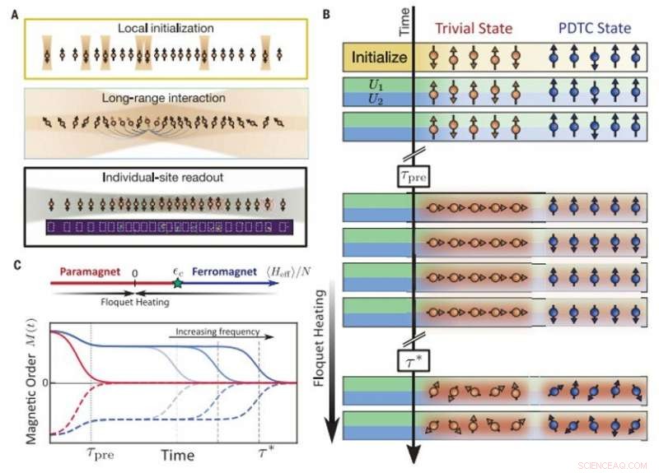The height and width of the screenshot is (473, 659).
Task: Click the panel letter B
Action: (x=327, y=14)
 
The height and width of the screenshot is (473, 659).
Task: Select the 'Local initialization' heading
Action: (x=165, y=30)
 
